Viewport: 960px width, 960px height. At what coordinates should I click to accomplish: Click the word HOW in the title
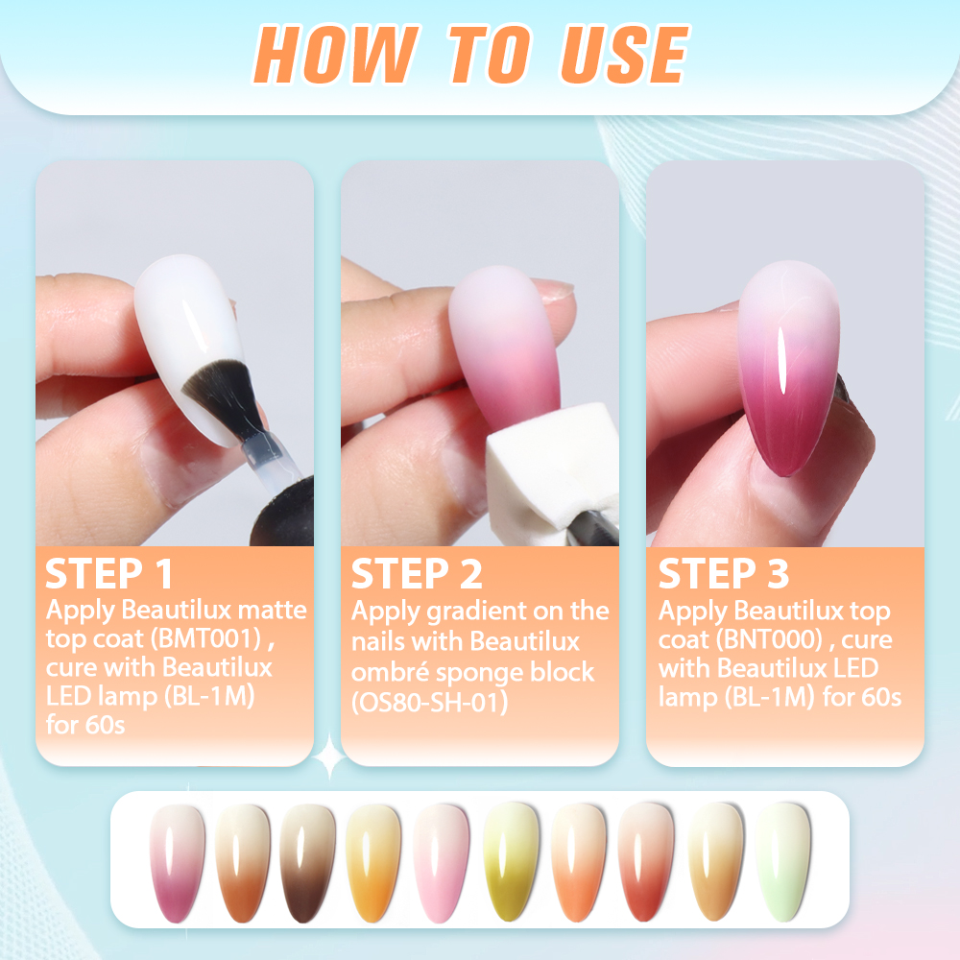click(x=335, y=54)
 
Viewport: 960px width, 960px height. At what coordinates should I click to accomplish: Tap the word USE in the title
click(x=625, y=54)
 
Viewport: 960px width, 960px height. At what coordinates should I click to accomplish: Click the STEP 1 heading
click(x=109, y=574)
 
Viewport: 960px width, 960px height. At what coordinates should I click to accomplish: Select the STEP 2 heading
click(x=417, y=574)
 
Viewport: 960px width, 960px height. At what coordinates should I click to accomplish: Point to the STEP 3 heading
click(x=724, y=574)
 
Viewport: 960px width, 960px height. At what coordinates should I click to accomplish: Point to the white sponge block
click(x=551, y=471)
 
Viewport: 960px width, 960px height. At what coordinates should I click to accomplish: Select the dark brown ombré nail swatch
click(x=307, y=863)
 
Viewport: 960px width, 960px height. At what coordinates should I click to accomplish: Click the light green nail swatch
click(x=783, y=862)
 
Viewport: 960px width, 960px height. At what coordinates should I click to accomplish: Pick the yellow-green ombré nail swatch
click(x=512, y=862)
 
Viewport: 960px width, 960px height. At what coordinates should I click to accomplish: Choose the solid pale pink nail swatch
click(x=442, y=863)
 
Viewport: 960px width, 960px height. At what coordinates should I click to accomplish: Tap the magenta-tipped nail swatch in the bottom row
click(x=177, y=863)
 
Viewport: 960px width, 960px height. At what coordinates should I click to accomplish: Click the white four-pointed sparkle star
click(x=329, y=756)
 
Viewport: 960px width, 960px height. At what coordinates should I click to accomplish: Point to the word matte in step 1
click(x=272, y=610)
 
